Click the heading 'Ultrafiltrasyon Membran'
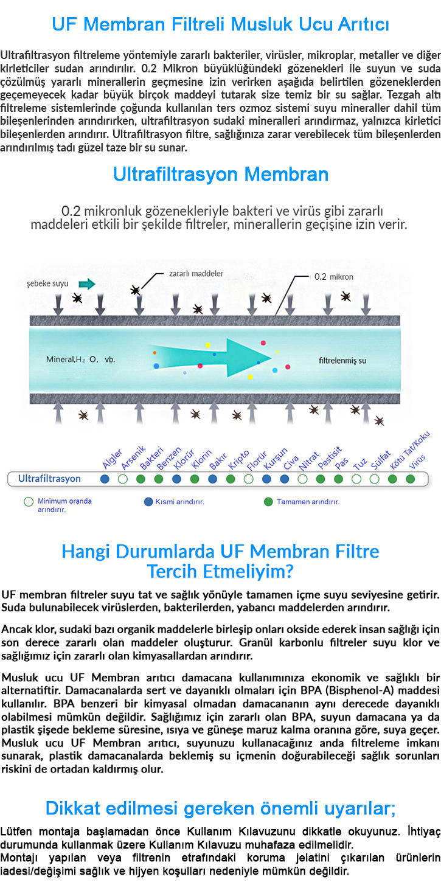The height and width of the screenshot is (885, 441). pyautogui.click(x=220, y=174)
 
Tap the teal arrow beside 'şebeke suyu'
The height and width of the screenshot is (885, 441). pyautogui.click(x=87, y=283)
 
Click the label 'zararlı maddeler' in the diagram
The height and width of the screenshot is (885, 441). pyautogui.click(x=196, y=273)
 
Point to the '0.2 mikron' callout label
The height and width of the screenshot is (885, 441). pyautogui.click(x=333, y=277)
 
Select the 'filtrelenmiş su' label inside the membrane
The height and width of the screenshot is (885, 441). pyautogui.click(x=342, y=360)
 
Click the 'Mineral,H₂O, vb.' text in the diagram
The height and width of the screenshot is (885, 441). pyautogui.click(x=81, y=359)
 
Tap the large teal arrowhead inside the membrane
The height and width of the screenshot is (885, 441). pyautogui.click(x=249, y=358)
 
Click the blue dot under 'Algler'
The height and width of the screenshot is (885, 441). pyautogui.click(x=105, y=479)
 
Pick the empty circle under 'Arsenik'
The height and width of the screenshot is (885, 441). pyautogui.click(x=123, y=479)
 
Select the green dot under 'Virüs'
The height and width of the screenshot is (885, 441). pyautogui.click(x=411, y=479)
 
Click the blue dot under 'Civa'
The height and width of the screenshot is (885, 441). pyautogui.click(x=285, y=479)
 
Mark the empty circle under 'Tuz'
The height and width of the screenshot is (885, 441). pyautogui.click(x=356, y=479)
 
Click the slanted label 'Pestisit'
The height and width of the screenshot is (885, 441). pyautogui.click(x=330, y=458)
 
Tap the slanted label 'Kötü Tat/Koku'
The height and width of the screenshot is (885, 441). pyautogui.click(x=409, y=451)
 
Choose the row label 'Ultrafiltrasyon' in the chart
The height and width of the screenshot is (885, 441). pyautogui.click(x=49, y=479)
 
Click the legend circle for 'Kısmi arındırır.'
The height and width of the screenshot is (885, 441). pyautogui.click(x=148, y=502)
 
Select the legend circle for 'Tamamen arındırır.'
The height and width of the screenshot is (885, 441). pyautogui.click(x=268, y=502)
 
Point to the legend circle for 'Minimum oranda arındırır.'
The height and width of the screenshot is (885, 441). pyautogui.click(x=29, y=502)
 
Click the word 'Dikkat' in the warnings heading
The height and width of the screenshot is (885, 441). pyautogui.click(x=72, y=808)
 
